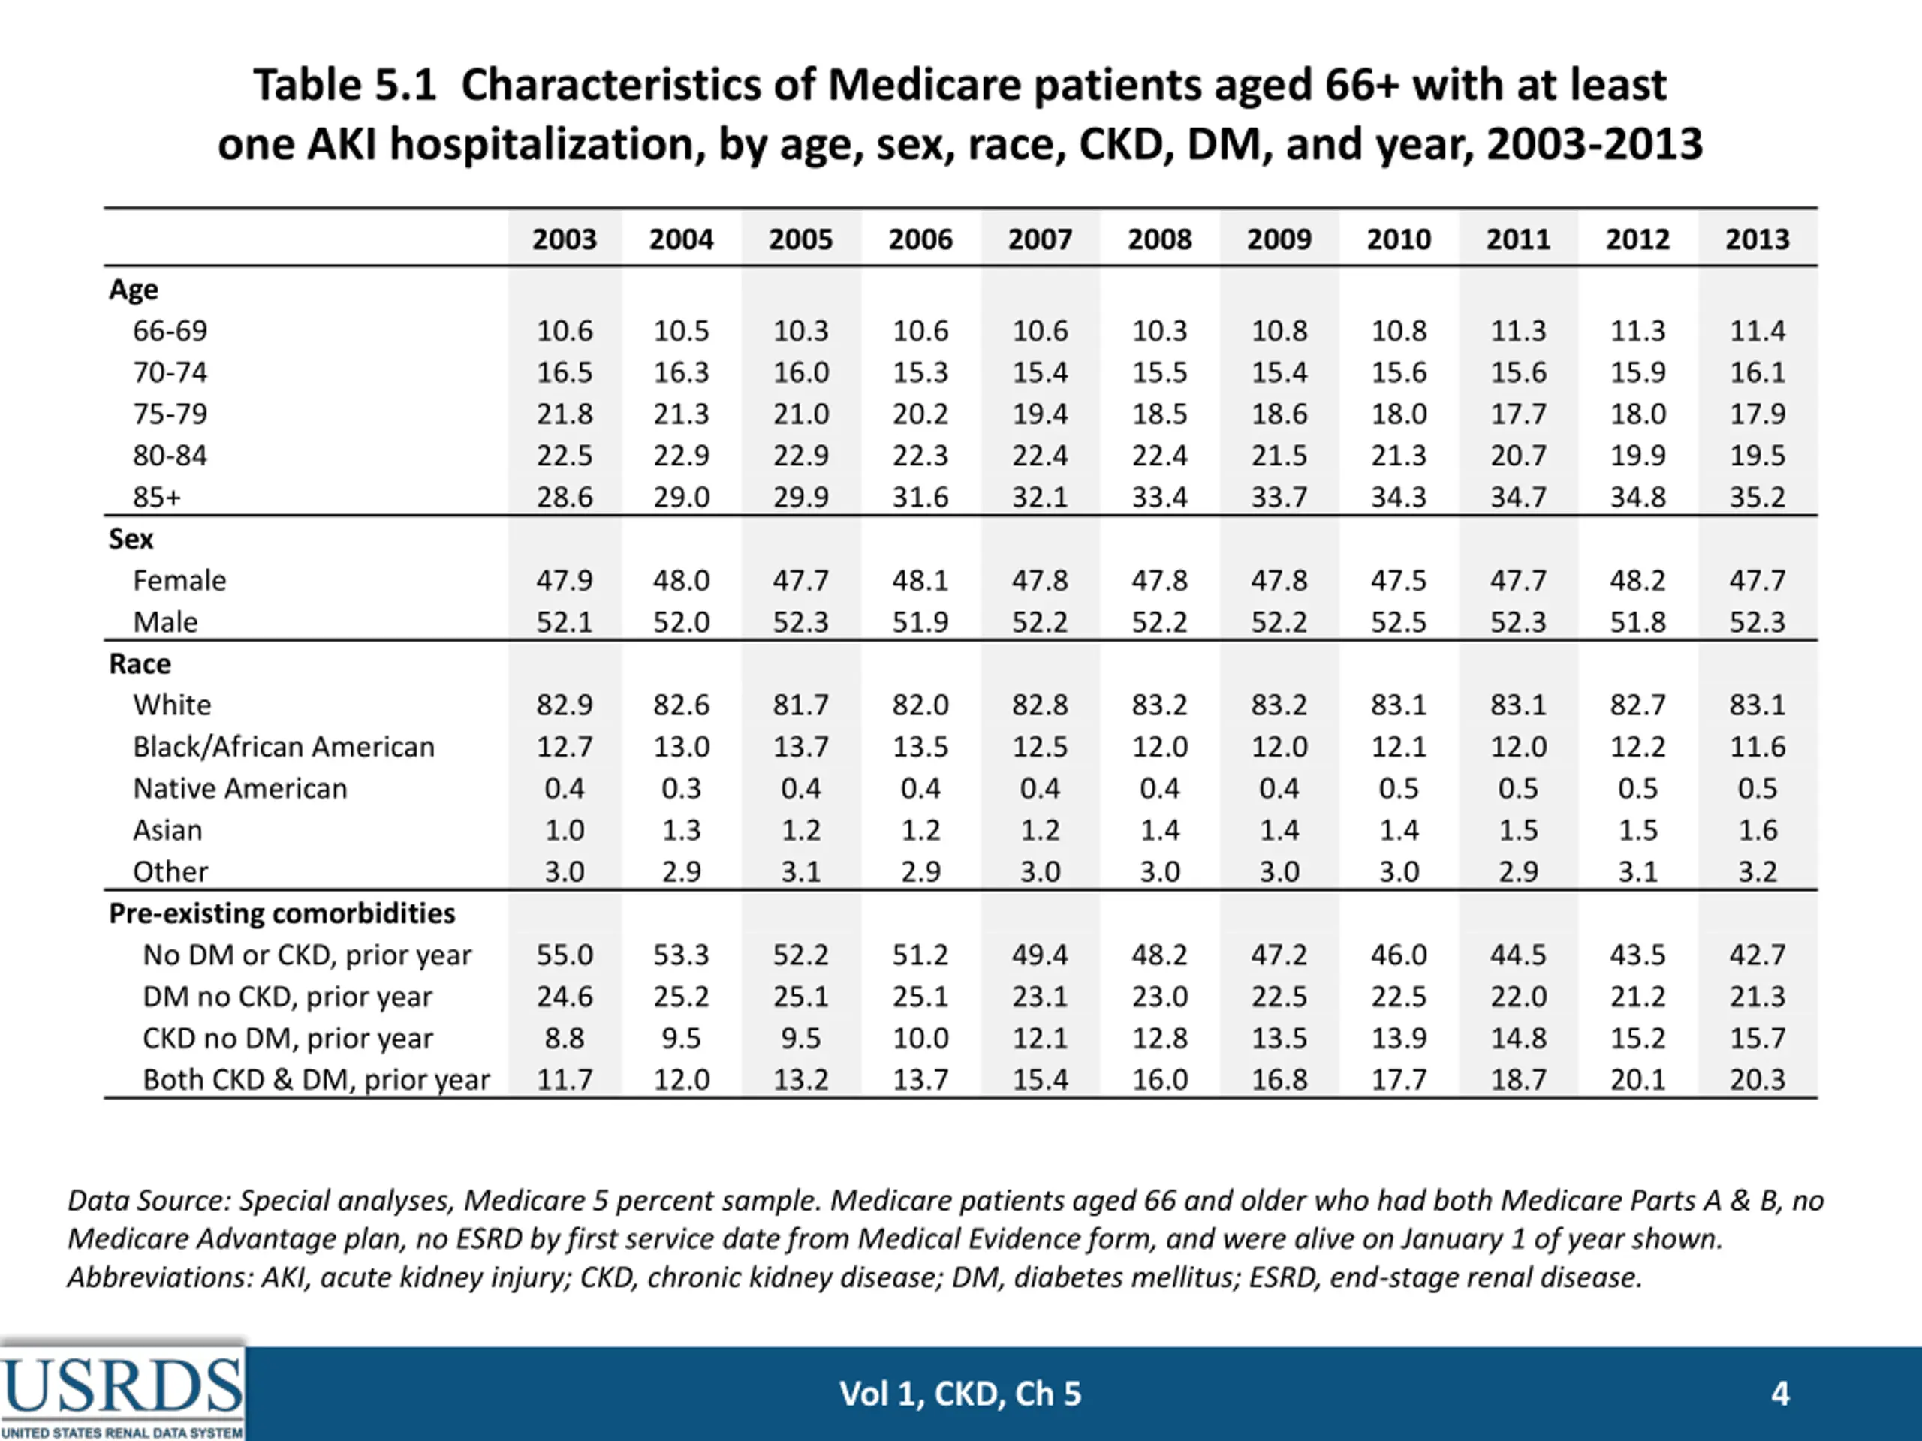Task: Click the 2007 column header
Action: [1040, 239]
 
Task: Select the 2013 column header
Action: [1757, 239]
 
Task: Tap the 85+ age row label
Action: [157, 497]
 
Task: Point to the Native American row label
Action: [239, 788]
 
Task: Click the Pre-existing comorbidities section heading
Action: [282, 913]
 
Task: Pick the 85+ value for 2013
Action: [1757, 497]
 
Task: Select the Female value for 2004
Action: [681, 580]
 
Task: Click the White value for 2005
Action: [800, 705]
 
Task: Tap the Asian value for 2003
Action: [564, 829]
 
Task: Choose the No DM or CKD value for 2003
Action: [564, 955]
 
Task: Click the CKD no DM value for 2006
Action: [920, 1038]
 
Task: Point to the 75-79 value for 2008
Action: [1159, 414]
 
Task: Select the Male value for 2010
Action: [1398, 622]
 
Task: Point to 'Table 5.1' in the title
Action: [344, 85]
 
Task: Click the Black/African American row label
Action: [283, 746]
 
